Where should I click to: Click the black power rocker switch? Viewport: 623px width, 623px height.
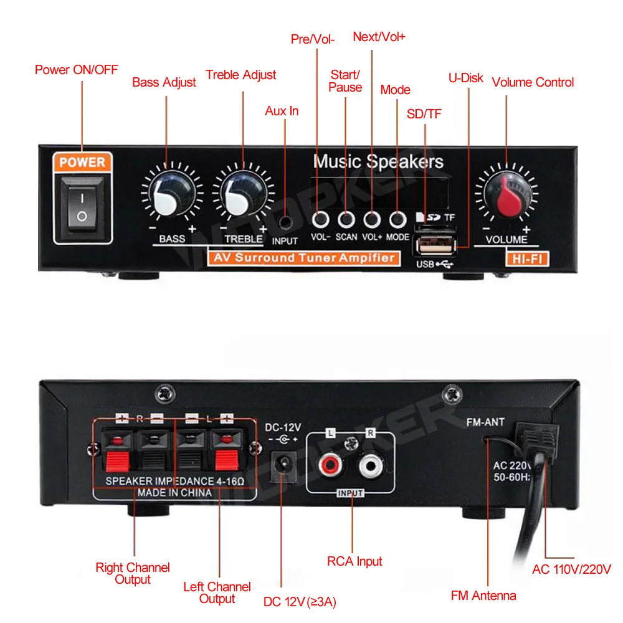[x=82, y=207]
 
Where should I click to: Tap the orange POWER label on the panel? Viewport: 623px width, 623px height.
[x=82, y=163]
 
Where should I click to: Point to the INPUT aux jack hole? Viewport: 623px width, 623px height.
[x=285, y=222]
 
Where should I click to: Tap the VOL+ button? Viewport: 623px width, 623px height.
[x=372, y=219]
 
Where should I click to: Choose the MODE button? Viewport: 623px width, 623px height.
[x=397, y=219]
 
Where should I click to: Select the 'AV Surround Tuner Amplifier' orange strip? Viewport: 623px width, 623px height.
[x=304, y=258]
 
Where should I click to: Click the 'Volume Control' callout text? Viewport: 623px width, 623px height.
[x=533, y=82]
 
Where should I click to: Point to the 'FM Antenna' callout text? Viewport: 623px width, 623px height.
[x=483, y=596]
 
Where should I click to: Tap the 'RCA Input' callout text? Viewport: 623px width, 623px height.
[x=354, y=561]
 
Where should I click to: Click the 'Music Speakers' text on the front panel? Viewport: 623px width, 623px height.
[x=378, y=162]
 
